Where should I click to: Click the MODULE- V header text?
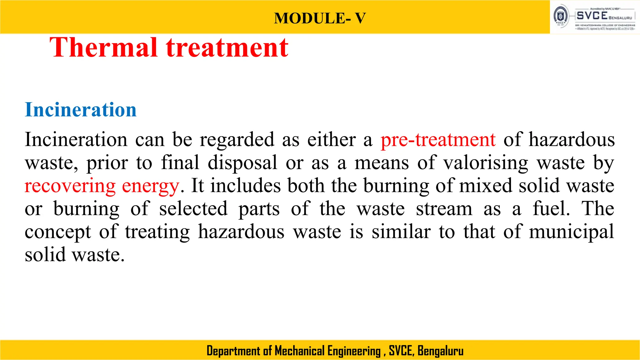(x=320, y=18)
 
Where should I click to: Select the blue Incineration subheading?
(x=81, y=110)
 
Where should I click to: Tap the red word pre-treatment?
(x=438, y=139)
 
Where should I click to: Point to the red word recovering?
(x=70, y=186)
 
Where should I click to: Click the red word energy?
(x=150, y=186)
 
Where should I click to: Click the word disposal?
(x=242, y=163)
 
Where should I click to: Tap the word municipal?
(x=571, y=232)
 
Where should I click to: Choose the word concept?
(x=58, y=232)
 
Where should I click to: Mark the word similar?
(x=401, y=232)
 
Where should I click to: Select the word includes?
(x=245, y=186)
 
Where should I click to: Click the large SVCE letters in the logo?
(x=592, y=15)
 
